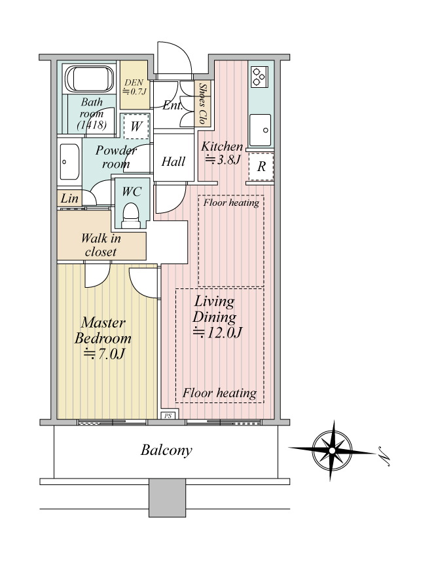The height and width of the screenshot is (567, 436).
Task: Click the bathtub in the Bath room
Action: (89, 79)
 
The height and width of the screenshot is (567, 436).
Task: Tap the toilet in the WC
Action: (130, 216)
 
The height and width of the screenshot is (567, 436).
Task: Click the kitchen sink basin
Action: (260, 130)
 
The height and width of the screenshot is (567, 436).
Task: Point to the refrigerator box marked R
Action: (261, 166)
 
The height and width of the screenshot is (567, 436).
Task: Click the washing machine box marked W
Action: (136, 127)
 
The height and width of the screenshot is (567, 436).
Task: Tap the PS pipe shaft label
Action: (168, 416)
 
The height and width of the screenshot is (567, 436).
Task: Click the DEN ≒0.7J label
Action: (134, 87)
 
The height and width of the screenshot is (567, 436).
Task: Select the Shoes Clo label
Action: (203, 104)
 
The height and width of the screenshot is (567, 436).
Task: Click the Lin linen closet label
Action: (69, 198)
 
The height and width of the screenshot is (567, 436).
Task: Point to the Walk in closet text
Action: (101, 244)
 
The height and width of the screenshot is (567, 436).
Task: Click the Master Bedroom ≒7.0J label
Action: (103, 338)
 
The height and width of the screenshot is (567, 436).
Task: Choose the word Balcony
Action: (166, 450)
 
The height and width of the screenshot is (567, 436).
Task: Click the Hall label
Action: (173, 161)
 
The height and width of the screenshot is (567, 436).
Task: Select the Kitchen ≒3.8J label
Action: (222, 152)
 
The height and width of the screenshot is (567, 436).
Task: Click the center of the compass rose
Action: (332, 450)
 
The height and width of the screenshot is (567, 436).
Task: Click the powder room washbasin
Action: (69, 162)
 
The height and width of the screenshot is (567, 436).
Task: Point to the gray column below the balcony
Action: (167, 498)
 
